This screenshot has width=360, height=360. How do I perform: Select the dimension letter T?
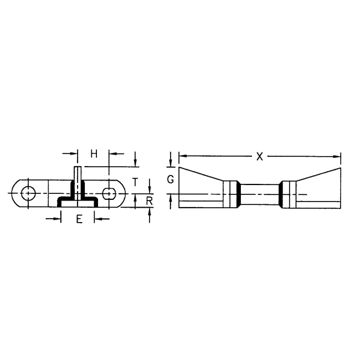coord(135,181)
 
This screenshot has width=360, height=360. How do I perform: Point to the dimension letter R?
coord(150,201)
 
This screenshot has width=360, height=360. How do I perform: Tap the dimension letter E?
coord(79,219)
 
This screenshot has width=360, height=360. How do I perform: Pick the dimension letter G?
coord(171,180)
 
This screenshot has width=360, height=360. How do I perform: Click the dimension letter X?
coord(259,156)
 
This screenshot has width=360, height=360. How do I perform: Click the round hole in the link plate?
coord(27,193)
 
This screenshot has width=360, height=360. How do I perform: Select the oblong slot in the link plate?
coord(110,193)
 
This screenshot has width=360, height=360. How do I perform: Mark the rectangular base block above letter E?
coord(78,203)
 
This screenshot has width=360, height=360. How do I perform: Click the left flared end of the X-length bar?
coord(199,188)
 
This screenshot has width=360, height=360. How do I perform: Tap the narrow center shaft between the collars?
coord(260,194)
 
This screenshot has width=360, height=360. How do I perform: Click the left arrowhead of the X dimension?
coord(182,156)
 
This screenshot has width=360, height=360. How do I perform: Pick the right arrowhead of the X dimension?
coord(337,156)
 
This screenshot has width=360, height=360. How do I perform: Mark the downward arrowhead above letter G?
coord(171,163)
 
